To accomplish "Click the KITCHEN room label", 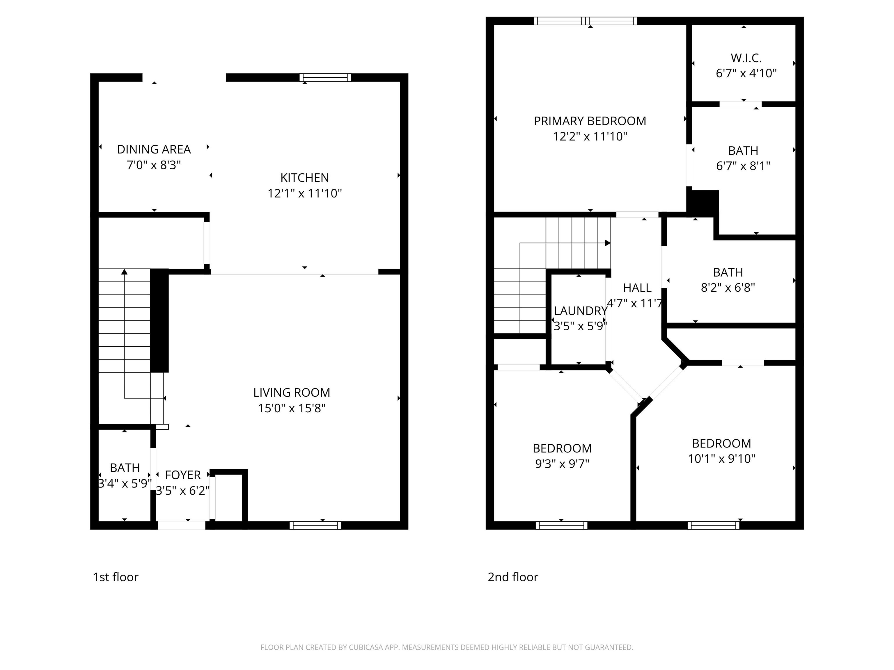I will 304,178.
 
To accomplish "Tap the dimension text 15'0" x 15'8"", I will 292,408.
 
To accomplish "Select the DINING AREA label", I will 154,149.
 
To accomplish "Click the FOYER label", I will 183,475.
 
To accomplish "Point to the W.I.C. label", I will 746,58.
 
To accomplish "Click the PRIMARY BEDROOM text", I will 590,121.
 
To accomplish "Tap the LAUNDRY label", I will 580,311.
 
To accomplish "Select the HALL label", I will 637,288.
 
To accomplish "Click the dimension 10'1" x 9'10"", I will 721,459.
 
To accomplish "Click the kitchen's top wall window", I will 325,78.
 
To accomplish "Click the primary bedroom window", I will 585,21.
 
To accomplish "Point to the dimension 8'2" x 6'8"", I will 728,288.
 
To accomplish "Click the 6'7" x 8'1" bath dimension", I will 743,166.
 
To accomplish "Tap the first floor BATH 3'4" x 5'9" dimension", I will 125,483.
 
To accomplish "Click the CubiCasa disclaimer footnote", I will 447,647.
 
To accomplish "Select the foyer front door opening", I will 182,525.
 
